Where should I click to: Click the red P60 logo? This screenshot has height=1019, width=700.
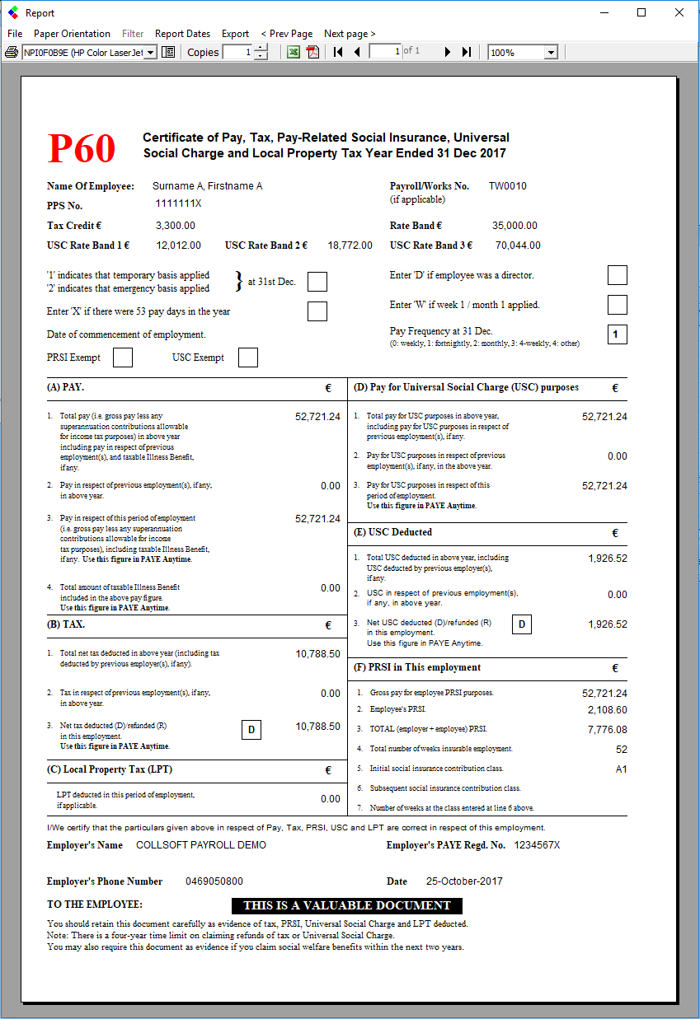pyautogui.click(x=81, y=148)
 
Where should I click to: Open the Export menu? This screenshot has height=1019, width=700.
pyautogui.click(x=235, y=34)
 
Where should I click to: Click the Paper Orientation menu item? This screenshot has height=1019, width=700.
pyautogui.click(x=72, y=34)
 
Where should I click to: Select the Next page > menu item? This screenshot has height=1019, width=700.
pyautogui.click(x=350, y=34)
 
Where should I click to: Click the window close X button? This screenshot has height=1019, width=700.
pyautogui.click(x=679, y=12)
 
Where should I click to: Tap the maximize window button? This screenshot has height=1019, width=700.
pyautogui.click(x=641, y=12)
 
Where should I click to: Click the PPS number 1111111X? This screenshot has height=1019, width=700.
pyautogui.click(x=178, y=203)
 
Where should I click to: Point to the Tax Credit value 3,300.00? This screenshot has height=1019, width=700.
pyautogui.click(x=176, y=226)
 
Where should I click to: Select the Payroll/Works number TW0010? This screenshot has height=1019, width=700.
pyautogui.click(x=507, y=186)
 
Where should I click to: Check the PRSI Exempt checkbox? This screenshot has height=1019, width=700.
pyautogui.click(x=123, y=358)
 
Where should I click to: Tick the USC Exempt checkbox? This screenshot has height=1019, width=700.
pyautogui.click(x=248, y=358)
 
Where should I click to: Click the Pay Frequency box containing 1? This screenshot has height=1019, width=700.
pyautogui.click(x=617, y=334)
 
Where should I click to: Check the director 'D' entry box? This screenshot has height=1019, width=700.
pyautogui.click(x=617, y=275)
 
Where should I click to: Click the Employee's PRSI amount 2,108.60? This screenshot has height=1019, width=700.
pyautogui.click(x=607, y=710)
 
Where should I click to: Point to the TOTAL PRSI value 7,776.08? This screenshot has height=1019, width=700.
pyautogui.click(x=607, y=730)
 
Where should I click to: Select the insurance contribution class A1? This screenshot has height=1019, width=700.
pyautogui.click(x=621, y=769)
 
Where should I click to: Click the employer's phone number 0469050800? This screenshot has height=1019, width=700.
pyautogui.click(x=214, y=881)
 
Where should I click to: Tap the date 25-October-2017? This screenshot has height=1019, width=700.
pyautogui.click(x=464, y=881)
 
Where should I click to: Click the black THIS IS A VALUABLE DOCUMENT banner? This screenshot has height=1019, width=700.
pyautogui.click(x=346, y=905)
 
